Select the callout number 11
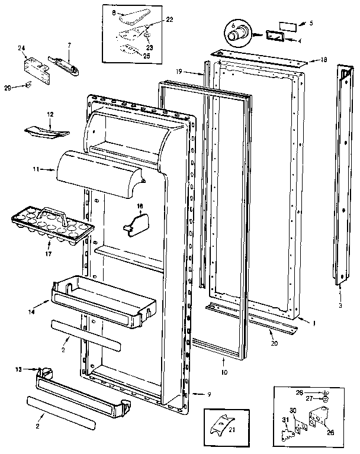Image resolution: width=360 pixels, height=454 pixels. click(36, 169)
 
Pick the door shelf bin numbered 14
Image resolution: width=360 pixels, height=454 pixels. click(101, 300)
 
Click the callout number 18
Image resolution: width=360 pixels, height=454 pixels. click(324, 60)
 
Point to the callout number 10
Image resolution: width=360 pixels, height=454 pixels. click(223, 373)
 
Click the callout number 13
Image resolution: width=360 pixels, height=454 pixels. click(18, 369)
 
